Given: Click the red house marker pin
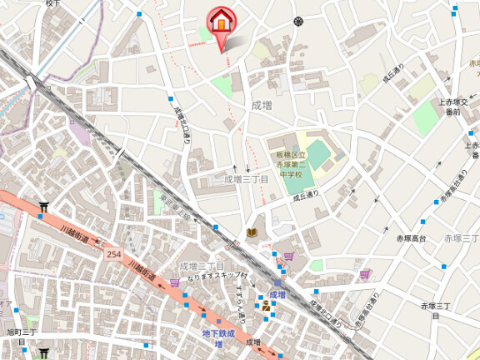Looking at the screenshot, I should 220,21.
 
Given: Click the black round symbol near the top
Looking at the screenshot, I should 297,21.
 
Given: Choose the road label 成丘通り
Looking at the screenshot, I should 306,198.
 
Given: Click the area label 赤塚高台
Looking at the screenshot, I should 411,239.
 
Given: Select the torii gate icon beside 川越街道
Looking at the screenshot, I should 43,206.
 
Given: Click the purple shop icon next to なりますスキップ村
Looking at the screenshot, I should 174,282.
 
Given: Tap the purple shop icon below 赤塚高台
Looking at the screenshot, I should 363,272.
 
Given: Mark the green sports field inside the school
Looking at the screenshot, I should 305,176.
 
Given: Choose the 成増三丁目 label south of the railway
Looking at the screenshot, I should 201,266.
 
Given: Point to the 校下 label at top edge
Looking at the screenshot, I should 53,4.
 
